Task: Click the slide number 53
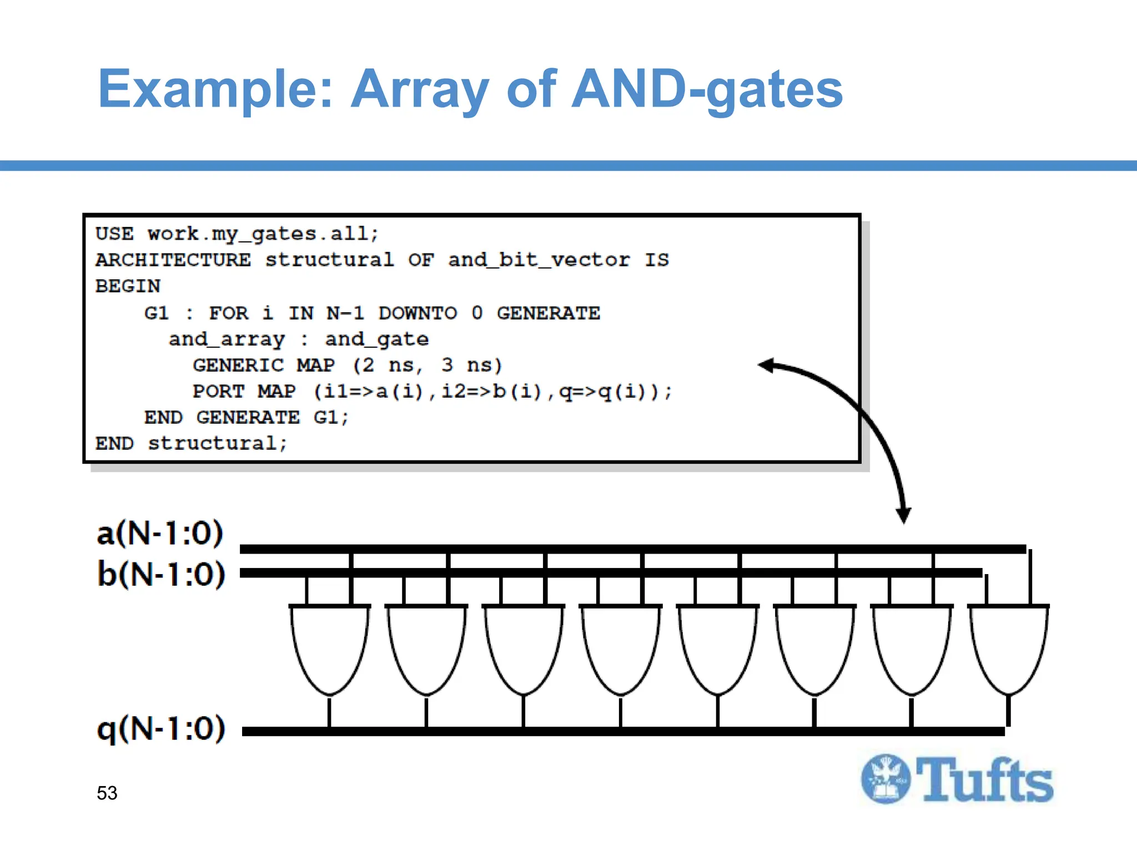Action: [x=107, y=793]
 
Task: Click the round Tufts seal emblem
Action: [x=886, y=779]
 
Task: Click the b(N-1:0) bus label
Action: [x=161, y=574]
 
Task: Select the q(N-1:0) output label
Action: [x=161, y=728]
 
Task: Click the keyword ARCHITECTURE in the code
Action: [x=173, y=260]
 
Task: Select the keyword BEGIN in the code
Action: [x=128, y=286]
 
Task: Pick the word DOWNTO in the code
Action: [x=417, y=313]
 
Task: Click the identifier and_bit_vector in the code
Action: [x=539, y=260]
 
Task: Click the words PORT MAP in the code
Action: [x=244, y=392]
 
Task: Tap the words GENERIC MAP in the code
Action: [x=264, y=366]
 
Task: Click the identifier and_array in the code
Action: [x=227, y=339]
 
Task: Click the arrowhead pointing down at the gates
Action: [x=903, y=515]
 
